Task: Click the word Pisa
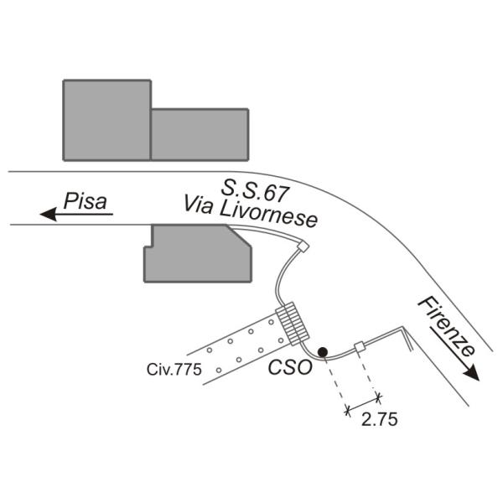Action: click(x=86, y=201)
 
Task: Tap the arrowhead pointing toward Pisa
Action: click(x=49, y=214)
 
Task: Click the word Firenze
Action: click(x=446, y=327)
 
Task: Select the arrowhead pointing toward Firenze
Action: click(x=470, y=373)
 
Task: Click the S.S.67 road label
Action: click(x=255, y=192)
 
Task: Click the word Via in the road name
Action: click(x=198, y=205)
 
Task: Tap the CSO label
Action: click(x=290, y=367)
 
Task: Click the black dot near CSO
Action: click(x=323, y=352)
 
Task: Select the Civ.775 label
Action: click(x=174, y=369)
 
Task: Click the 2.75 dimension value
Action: click(x=380, y=419)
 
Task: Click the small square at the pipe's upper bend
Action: click(x=303, y=246)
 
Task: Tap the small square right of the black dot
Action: click(x=360, y=347)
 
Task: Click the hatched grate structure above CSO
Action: click(x=293, y=324)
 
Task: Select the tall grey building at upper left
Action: click(x=107, y=120)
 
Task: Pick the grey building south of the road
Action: click(x=198, y=253)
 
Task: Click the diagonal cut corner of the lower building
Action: click(x=239, y=236)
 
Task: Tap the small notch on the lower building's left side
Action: click(x=148, y=246)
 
